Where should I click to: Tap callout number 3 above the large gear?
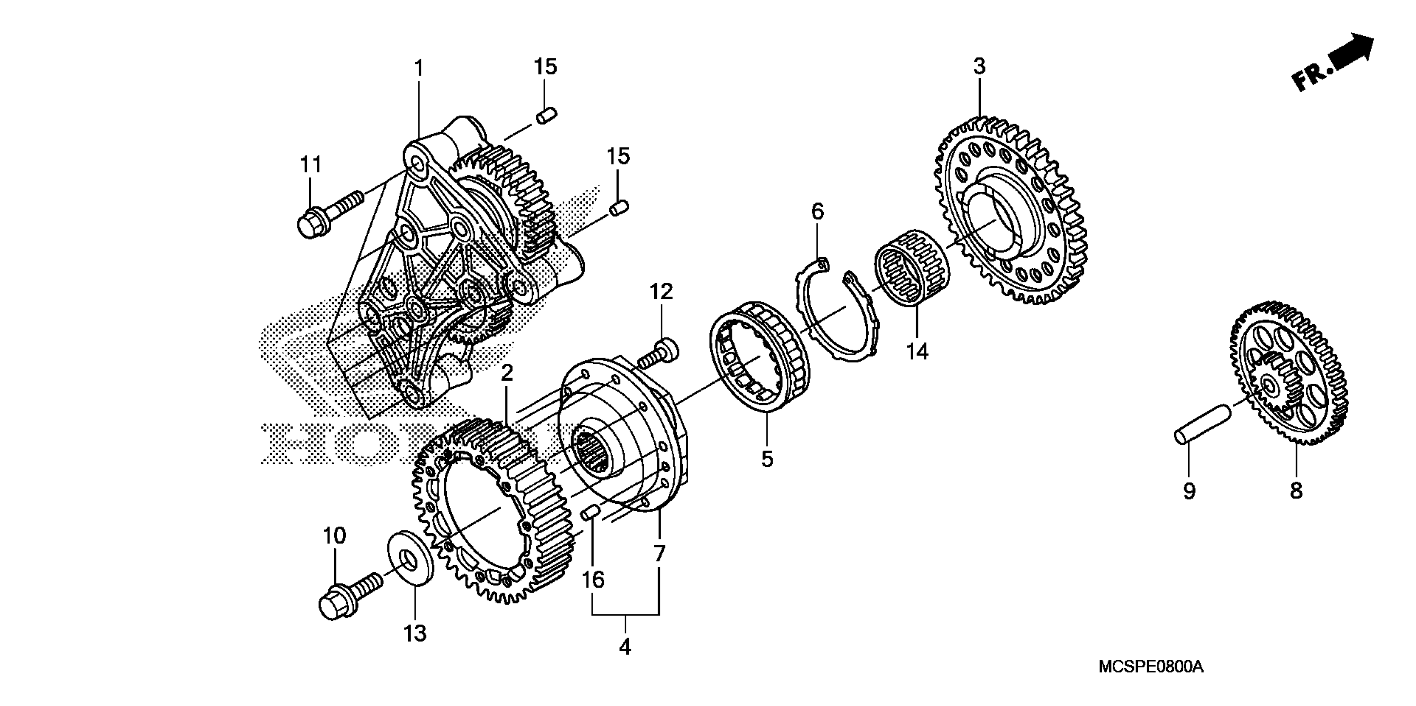pos(980,66)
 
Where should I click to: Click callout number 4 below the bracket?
pos(625,647)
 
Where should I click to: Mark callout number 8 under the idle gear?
pos(1296,490)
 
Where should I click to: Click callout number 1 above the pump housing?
pos(419,69)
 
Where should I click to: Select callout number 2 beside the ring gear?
pos(507,374)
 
